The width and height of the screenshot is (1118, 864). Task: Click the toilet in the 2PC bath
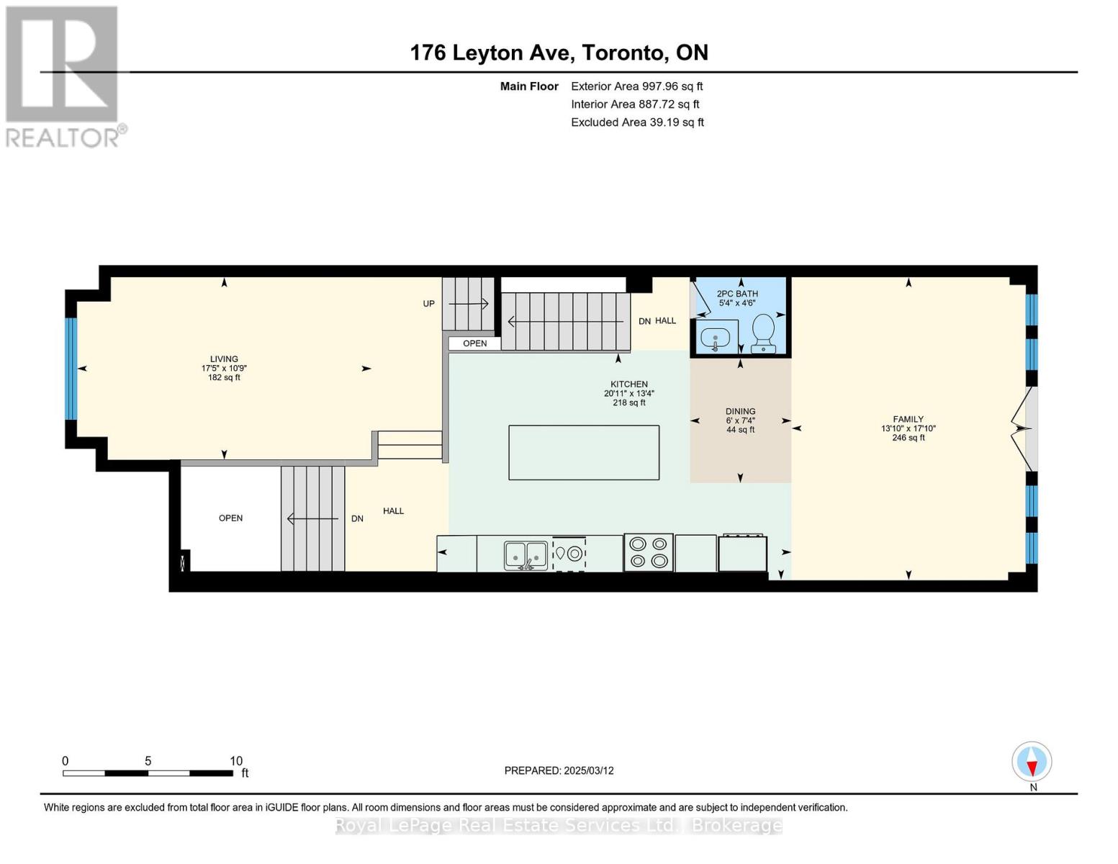click(763, 333)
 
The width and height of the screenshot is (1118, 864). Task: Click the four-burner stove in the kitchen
click(648, 552)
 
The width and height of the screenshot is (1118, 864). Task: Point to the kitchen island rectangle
click(583, 452)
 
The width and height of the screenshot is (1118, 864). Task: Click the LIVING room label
click(224, 359)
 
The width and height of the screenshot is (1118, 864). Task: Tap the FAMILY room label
click(908, 419)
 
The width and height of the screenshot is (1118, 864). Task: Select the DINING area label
click(740, 411)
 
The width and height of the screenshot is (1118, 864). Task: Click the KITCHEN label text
click(628, 384)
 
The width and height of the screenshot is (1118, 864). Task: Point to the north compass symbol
click(1032, 762)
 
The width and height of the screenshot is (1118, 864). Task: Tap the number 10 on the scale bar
click(236, 760)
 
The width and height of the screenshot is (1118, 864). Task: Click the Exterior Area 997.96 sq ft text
click(637, 86)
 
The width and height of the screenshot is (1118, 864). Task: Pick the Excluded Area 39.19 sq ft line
click(637, 122)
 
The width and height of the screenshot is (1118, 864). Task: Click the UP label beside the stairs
click(428, 304)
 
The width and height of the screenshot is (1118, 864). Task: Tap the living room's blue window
click(71, 369)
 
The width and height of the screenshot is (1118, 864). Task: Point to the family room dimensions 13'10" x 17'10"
click(908, 428)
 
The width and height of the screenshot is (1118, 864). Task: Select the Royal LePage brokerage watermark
click(559, 825)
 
